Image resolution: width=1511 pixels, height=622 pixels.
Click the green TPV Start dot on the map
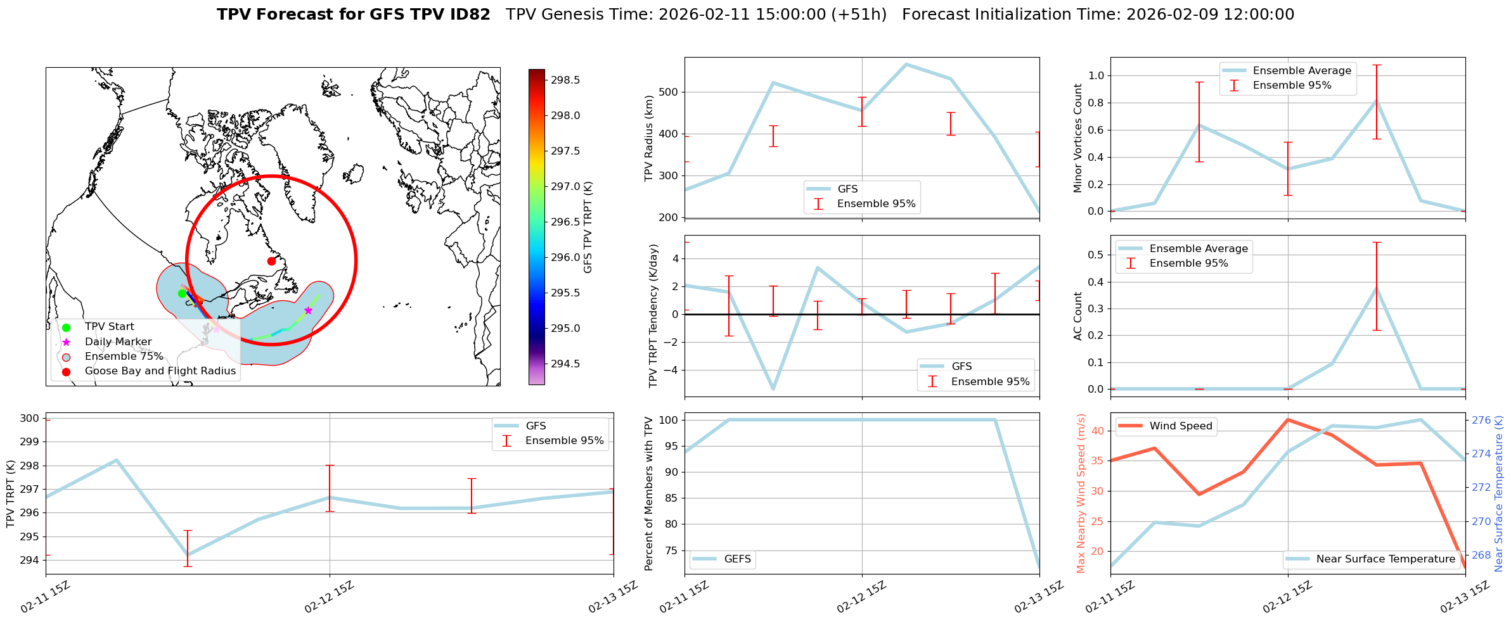(182, 293)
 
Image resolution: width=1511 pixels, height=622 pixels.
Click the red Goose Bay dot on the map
(271, 261)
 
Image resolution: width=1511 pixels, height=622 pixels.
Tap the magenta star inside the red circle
(308, 310)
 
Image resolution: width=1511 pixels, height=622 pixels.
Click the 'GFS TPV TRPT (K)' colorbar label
(588, 227)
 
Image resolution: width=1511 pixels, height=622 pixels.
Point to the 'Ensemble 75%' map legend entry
(124, 357)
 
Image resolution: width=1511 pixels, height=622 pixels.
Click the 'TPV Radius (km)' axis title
(649, 138)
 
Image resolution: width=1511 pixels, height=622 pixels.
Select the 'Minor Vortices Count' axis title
(1077, 137)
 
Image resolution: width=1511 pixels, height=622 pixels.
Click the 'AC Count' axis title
(1077, 315)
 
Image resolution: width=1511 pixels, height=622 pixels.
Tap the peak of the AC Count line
(1376, 288)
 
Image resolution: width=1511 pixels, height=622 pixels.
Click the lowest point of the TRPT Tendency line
(773, 389)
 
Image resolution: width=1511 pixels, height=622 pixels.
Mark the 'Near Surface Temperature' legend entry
(1385, 559)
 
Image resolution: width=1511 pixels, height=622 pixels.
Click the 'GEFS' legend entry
(737, 559)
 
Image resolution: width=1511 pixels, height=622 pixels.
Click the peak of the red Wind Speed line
(1287, 419)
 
